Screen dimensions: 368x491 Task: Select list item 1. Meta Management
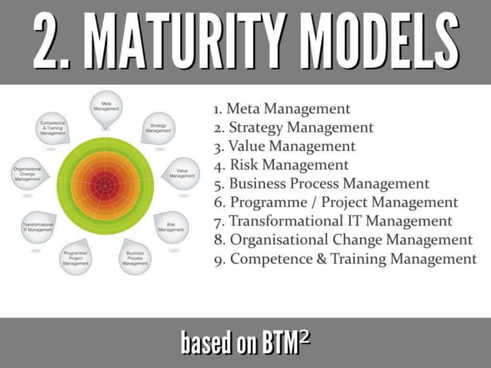pos(282,109)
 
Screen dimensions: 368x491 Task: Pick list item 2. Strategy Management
pos(293,128)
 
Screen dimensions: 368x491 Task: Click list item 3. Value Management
pos(285,146)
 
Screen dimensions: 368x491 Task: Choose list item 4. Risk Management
pos(281,165)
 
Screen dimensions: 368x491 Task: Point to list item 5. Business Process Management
pos(321,184)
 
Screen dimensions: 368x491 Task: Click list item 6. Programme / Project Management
pos(336,202)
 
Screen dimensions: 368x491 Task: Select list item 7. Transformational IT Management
pos(332,221)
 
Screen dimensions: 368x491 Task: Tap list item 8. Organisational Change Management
pos(342,240)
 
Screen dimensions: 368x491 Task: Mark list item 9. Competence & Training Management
pos(345,259)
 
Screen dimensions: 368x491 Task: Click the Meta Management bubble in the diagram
pos(105,107)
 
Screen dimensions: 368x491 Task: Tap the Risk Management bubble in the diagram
pos(171,226)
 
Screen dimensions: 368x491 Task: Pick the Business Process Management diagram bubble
pos(135,257)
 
